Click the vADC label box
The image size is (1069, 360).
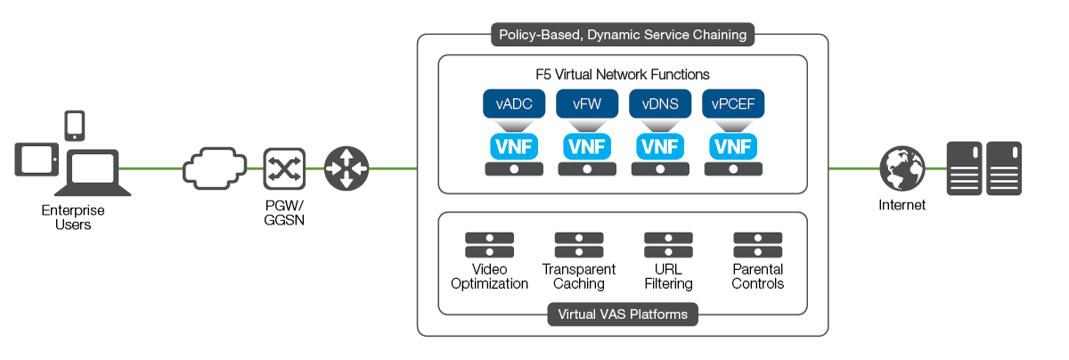(514, 104)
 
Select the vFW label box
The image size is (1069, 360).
(587, 104)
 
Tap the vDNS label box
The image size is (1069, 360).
(660, 104)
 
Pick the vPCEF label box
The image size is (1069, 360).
(733, 104)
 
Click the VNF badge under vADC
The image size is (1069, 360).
(514, 145)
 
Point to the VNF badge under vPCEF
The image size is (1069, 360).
(733, 145)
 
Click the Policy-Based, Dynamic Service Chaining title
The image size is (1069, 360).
(623, 35)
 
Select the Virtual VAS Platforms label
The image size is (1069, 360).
(623, 315)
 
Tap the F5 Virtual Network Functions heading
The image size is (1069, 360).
(623, 74)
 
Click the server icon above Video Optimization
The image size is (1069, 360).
(490, 245)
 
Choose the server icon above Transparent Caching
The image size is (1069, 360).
(579, 245)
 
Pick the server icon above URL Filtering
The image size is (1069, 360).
(668, 245)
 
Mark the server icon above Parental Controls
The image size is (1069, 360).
(757, 245)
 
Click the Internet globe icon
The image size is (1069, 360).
(901, 168)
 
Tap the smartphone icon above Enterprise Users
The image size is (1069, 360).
(75, 125)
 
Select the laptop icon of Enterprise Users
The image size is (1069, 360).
(93, 172)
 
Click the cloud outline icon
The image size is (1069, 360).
(214, 168)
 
